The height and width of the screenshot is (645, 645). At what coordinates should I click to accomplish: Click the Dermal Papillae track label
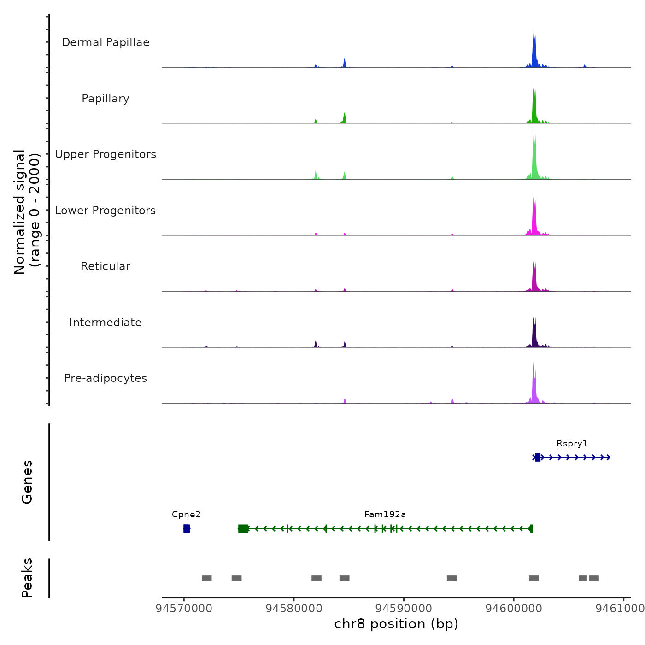(106, 42)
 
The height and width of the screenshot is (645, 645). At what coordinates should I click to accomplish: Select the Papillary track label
(106, 99)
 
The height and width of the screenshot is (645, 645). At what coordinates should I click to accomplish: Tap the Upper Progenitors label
(106, 154)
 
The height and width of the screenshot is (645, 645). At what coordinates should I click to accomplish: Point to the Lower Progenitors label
(106, 211)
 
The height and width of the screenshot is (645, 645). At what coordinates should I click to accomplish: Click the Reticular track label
(106, 266)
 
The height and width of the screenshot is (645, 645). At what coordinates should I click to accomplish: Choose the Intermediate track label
(106, 322)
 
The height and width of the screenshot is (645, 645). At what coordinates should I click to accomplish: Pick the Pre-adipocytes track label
(106, 378)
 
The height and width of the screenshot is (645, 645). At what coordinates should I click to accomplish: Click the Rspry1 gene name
(572, 444)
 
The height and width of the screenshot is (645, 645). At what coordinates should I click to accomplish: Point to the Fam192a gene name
(385, 515)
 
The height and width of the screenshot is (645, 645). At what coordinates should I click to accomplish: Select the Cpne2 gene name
(186, 515)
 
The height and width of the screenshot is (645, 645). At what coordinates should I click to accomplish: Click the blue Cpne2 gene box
(187, 528)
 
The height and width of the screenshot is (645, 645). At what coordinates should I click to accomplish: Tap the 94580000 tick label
(294, 608)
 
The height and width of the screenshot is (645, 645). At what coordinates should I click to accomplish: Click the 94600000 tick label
(514, 608)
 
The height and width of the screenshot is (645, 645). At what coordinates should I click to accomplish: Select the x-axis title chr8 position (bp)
(396, 624)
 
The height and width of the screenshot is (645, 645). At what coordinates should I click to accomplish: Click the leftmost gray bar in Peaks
(207, 578)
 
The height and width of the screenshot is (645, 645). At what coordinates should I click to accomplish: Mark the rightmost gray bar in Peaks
(594, 578)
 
